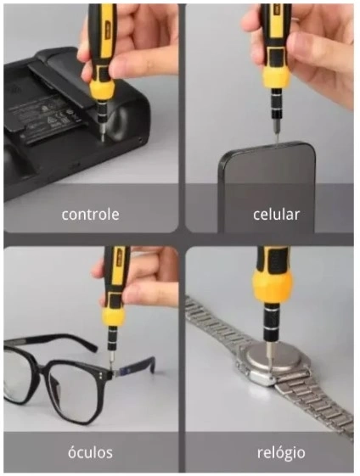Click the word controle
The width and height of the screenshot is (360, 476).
pos(90,215)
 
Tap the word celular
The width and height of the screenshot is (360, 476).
pos(276,215)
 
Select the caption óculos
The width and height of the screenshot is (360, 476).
pos(90,452)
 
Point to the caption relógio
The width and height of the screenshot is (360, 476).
pos(281,453)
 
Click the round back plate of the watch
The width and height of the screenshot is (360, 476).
pos(274,360)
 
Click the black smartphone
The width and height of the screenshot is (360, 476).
pos(267,186)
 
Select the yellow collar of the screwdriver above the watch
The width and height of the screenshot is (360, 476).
pos(272,284)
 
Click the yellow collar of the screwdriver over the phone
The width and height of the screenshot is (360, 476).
pos(276,76)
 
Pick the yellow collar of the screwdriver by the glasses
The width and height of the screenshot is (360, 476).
pos(113,316)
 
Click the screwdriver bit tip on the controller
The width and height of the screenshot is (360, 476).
pos(103,137)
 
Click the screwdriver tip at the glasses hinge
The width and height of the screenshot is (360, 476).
pos(112,367)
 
